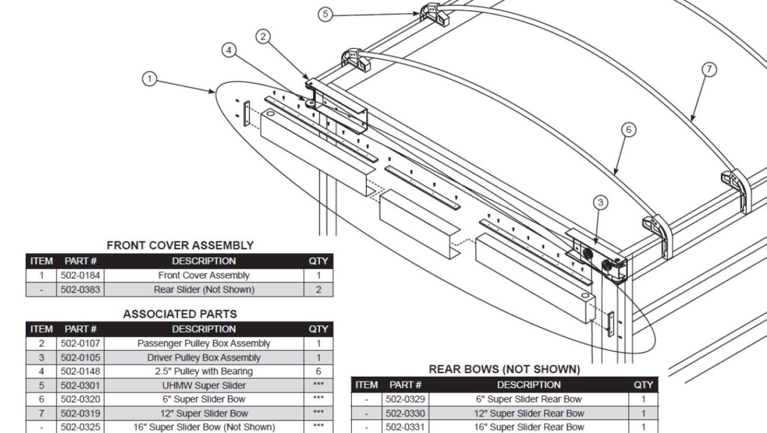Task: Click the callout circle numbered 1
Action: [x=149, y=79]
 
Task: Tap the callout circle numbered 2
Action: [x=263, y=37]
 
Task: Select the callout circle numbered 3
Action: [x=600, y=203]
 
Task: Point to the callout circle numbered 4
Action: [x=229, y=50]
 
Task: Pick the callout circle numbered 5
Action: [x=325, y=14]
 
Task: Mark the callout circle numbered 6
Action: [x=627, y=130]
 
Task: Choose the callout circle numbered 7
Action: [x=709, y=70]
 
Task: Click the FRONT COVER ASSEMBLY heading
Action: [x=180, y=245]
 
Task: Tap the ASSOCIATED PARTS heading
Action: [x=180, y=314]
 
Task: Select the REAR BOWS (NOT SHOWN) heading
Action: [x=504, y=369]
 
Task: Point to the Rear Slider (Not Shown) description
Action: [x=204, y=290]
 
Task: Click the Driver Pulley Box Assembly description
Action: [x=204, y=357]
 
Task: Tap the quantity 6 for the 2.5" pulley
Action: [x=318, y=371]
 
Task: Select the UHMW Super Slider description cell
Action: [x=204, y=386]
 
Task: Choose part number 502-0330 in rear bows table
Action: [x=406, y=413]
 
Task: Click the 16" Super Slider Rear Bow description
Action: [x=529, y=427]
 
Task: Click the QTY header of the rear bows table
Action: [x=644, y=384]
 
